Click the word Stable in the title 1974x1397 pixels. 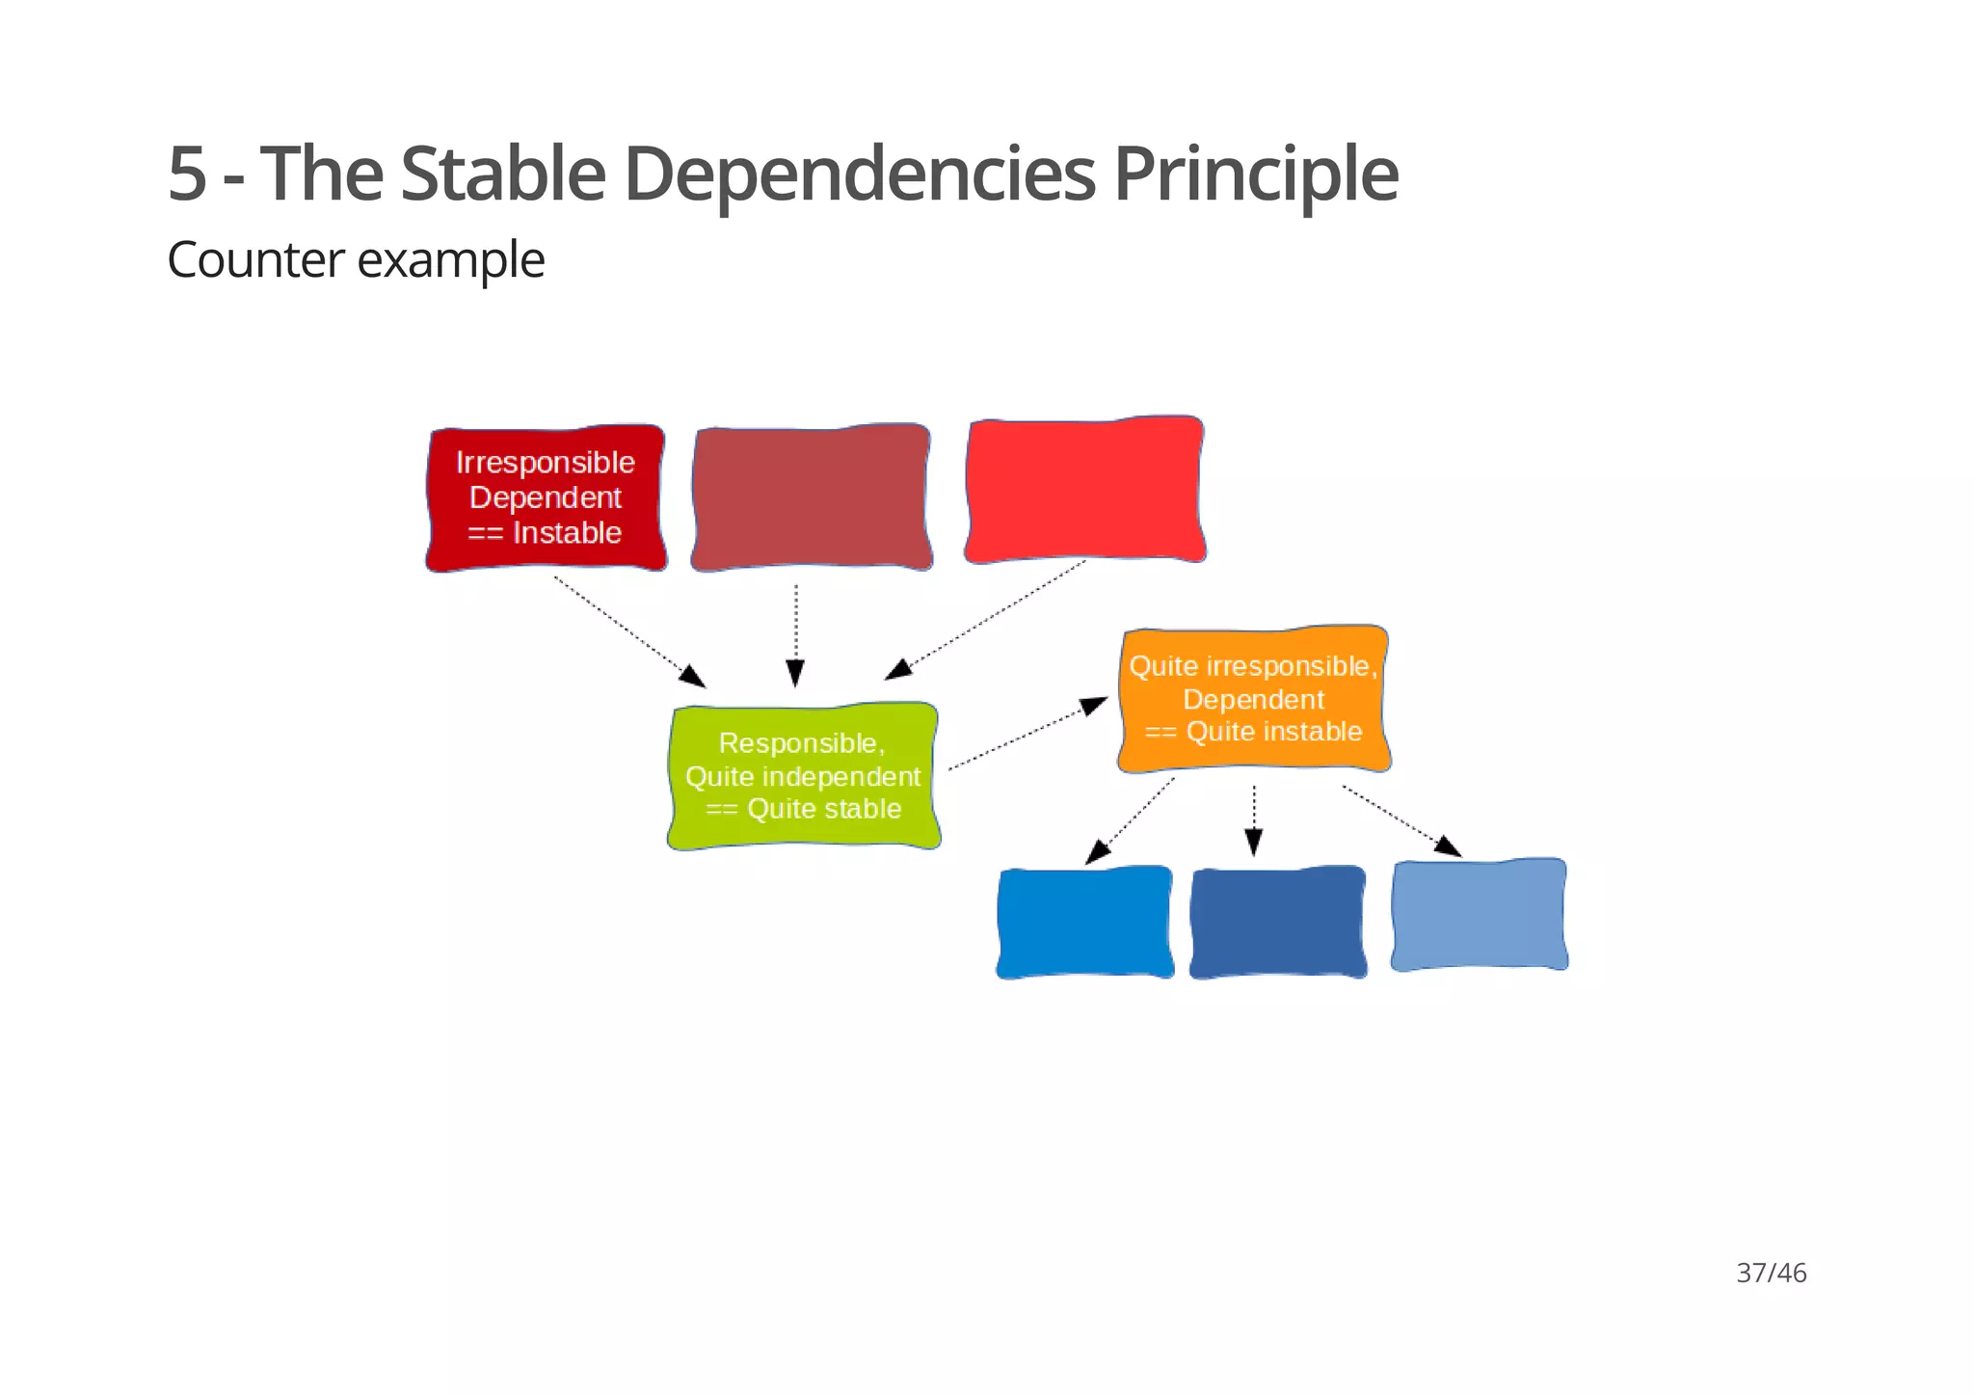click(502, 175)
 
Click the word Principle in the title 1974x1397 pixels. click(1254, 175)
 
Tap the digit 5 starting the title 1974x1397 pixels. click(187, 175)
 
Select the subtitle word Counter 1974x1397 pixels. click(254, 260)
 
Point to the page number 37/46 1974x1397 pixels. click(1771, 1273)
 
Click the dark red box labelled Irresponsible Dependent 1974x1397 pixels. click(546, 497)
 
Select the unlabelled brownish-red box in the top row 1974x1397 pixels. click(811, 497)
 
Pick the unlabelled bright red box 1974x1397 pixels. click(1084, 490)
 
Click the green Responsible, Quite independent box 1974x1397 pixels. click(803, 776)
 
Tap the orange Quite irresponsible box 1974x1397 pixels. click(1253, 699)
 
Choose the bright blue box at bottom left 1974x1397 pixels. click(1084, 923)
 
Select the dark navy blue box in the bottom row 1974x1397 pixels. click(1277, 923)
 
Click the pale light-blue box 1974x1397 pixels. click(1479, 914)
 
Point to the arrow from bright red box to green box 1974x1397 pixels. click(988, 619)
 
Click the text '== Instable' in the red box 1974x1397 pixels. click(546, 533)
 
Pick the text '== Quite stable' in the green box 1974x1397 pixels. click(803, 809)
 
